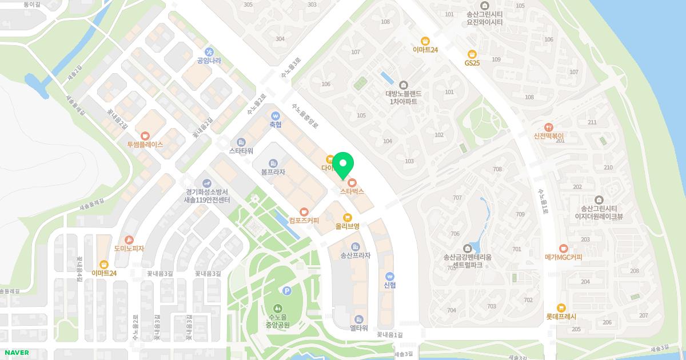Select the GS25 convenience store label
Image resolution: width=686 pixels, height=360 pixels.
[x=472, y=62]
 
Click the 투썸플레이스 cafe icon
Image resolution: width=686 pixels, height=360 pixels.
[x=145, y=135]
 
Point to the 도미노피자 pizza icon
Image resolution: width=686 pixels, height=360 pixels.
[x=129, y=239]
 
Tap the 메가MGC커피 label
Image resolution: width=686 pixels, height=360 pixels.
[x=563, y=257]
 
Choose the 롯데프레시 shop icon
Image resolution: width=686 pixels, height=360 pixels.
[x=561, y=307]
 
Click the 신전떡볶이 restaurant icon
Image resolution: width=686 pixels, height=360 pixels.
[x=549, y=127]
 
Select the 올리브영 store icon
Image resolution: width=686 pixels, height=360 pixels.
[x=347, y=217]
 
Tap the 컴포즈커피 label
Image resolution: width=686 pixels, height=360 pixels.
[x=304, y=220]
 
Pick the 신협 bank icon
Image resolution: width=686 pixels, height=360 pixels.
[x=390, y=275]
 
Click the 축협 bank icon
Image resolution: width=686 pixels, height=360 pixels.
[x=276, y=115]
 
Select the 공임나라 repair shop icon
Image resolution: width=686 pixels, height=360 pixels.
[x=209, y=51]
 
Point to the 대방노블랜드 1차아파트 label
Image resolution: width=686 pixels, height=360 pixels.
[x=404, y=97]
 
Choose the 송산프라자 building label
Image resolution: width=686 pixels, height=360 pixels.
[x=355, y=255]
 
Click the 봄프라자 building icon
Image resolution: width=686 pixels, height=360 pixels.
[x=273, y=162]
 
